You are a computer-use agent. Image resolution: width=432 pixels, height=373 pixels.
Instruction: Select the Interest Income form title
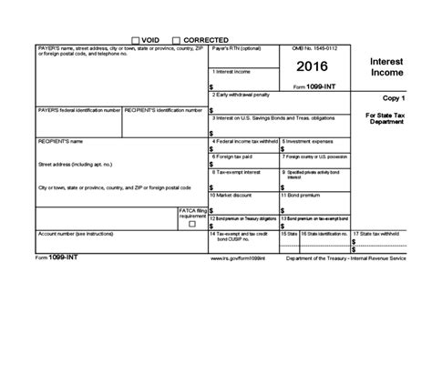tap(390, 66)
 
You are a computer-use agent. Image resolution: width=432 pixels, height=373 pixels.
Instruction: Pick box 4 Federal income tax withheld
tap(244, 148)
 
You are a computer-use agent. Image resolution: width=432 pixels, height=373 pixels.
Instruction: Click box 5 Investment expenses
tap(314, 148)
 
